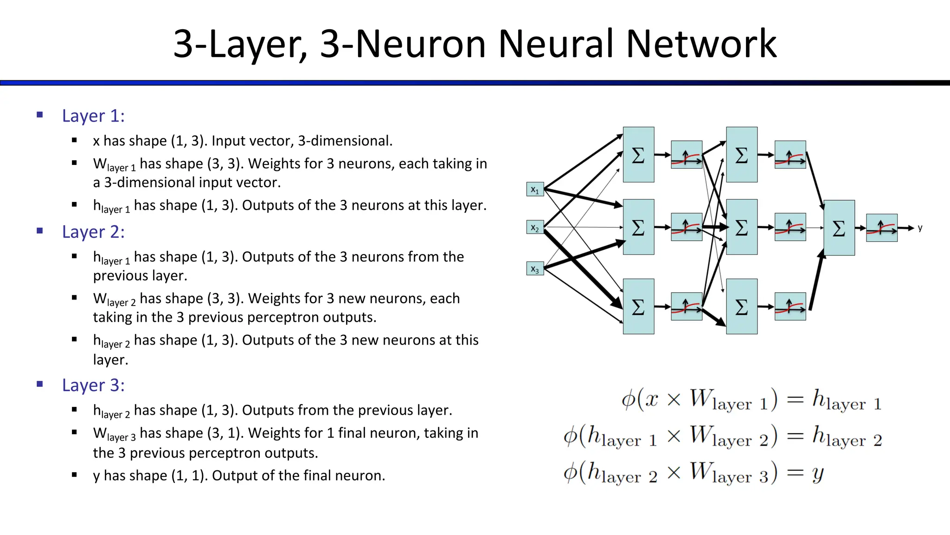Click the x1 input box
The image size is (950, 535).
(x=535, y=189)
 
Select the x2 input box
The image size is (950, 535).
(x=535, y=228)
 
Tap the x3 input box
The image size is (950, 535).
(x=535, y=269)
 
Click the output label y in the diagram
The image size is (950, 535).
(x=920, y=228)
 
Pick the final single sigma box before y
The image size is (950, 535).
(x=839, y=228)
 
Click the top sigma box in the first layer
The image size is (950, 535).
(x=638, y=155)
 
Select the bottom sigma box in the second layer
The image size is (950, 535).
(x=741, y=307)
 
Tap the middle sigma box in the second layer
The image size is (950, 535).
(x=741, y=227)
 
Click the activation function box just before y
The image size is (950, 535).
(x=881, y=228)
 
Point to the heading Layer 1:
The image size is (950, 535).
(x=93, y=116)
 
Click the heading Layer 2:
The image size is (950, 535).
(x=93, y=232)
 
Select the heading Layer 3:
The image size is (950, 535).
(x=93, y=385)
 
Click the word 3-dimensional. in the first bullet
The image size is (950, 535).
(x=345, y=141)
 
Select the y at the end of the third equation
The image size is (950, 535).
(x=818, y=474)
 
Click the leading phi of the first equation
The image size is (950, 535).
(x=628, y=400)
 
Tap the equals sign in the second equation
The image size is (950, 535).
(x=795, y=436)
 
